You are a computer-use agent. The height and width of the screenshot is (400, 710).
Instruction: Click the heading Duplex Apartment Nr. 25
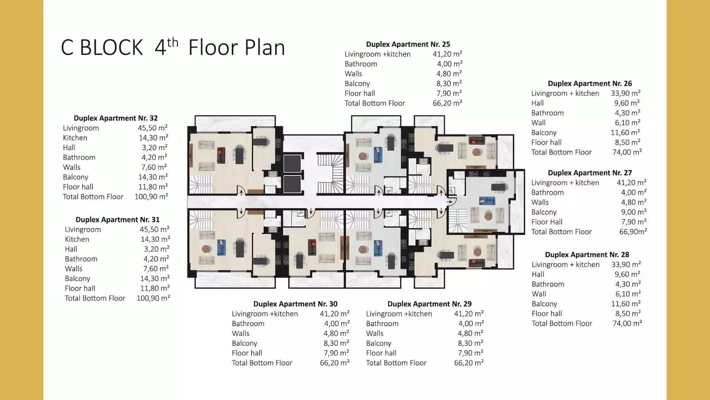(x=408, y=44)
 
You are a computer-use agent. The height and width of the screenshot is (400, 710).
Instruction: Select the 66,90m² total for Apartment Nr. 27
(x=633, y=232)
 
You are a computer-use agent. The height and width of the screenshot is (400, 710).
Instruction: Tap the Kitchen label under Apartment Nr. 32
(x=75, y=138)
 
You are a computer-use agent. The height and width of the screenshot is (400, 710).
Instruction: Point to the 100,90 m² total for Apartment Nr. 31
(x=154, y=298)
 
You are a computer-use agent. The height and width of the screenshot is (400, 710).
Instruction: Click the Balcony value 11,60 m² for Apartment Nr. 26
(x=625, y=132)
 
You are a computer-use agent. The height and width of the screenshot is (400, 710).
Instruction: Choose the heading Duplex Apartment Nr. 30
(x=296, y=304)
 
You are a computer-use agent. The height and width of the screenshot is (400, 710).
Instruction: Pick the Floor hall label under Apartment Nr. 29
(x=381, y=353)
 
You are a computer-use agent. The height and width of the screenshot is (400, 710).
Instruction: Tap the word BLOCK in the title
(x=111, y=48)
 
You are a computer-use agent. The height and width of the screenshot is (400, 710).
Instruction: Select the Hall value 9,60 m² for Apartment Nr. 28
(x=627, y=274)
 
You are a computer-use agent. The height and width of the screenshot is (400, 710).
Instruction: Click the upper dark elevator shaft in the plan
(x=292, y=164)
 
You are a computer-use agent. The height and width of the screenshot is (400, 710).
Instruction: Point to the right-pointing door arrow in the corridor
(x=450, y=202)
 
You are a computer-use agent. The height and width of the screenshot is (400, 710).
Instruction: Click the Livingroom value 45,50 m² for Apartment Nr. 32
(x=153, y=128)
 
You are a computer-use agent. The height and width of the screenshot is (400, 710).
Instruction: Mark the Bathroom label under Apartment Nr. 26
(x=548, y=113)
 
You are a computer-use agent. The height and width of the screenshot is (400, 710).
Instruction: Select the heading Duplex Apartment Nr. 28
(x=587, y=255)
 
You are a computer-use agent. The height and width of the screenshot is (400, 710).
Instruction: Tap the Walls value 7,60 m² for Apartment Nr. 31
(x=156, y=268)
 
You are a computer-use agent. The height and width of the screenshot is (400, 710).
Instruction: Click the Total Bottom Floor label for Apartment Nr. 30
(x=262, y=363)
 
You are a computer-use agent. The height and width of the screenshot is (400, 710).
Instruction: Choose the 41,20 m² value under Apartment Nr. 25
(x=447, y=54)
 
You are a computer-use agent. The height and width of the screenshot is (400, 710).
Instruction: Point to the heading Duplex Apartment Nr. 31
(x=118, y=220)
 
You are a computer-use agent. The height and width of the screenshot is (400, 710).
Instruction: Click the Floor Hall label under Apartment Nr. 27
(x=547, y=222)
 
